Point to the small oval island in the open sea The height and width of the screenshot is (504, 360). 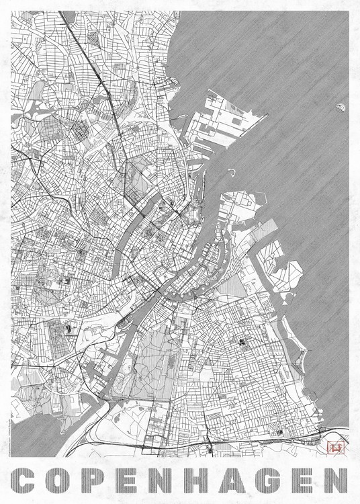[340, 106]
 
